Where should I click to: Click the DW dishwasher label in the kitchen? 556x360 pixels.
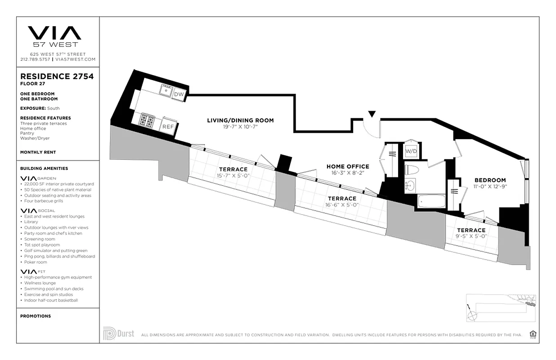(x=179, y=94)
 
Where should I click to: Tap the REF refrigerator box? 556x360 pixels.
(x=168, y=126)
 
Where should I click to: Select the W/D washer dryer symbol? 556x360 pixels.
(x=411, y=151)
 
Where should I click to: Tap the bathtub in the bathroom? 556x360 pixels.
(x=431, y=201)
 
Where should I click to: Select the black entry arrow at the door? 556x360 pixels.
(x=372, y=114)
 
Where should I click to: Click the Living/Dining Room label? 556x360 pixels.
(x=240, y=120)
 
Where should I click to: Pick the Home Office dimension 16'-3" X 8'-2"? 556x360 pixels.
(x=348, y=172)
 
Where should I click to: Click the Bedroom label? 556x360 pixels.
(x=490, y=180)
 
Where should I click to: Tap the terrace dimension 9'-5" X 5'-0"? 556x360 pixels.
(x=471, y=236)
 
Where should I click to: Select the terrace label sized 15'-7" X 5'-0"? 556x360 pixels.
(x=233, y=169)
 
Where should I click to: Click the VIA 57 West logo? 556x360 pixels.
(x=54, y=36)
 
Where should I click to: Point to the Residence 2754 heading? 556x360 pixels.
(x=57, y=76)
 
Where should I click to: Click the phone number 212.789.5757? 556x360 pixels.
(x=35, y=59)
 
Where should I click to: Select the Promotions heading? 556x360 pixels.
(x=36, y=316)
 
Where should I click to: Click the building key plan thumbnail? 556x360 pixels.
(x=501, y=307)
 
